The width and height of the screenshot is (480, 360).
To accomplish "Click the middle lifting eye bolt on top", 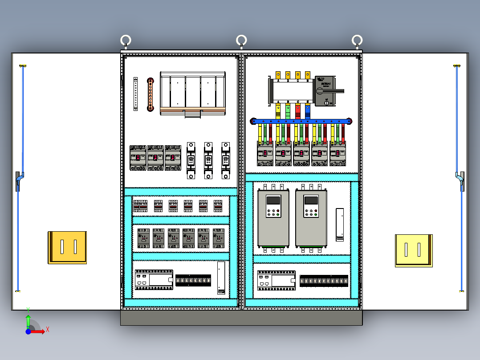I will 241,41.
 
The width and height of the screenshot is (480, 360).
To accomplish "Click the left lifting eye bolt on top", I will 126,41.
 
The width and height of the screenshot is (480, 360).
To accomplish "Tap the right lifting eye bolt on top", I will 357,41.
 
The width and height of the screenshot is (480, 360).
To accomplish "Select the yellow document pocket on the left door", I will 67,247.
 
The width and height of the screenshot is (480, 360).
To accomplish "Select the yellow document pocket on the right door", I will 414,250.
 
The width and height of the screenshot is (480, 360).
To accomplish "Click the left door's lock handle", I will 18,180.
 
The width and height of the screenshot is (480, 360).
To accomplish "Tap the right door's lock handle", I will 460,180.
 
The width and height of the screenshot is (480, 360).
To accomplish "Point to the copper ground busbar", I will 151,94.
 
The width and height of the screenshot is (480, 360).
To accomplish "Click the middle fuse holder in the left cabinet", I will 208,160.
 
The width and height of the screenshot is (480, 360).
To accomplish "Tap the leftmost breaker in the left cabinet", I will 138,157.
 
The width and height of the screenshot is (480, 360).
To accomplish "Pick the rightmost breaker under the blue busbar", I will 338,153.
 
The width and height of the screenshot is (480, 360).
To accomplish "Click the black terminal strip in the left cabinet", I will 193,280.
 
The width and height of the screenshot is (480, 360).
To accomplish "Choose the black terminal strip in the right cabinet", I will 324,281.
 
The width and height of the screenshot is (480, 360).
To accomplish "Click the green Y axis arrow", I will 28,319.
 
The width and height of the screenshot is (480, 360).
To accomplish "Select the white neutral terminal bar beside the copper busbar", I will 136,94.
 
